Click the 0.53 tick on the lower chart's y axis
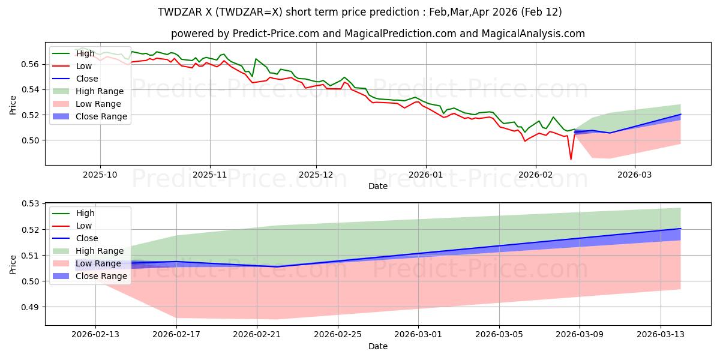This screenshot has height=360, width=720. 31,204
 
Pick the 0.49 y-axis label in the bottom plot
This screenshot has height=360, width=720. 31,307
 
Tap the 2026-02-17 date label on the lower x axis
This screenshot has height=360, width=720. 176,334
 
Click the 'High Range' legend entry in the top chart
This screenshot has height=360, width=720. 100,91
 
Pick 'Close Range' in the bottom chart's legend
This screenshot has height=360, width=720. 101,276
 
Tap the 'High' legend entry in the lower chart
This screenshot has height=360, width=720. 85,213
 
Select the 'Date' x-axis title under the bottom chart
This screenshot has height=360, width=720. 378,346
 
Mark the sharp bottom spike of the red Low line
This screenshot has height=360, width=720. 571,159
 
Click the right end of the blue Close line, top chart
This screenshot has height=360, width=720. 680,114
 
